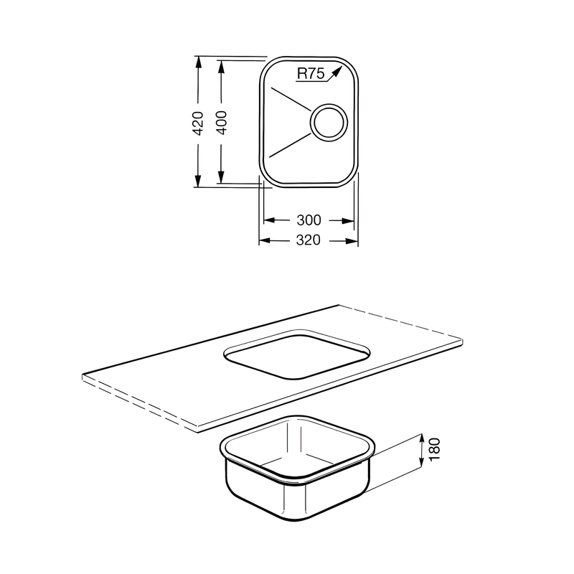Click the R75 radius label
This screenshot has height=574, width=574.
click(x=311, y=72)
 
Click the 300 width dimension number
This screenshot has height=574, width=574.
click(x=308, y=220)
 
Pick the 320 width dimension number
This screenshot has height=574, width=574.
click(x=308, y=241)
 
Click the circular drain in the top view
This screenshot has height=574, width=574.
click(x=328, y=121)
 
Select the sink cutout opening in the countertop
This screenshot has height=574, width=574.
click(x=297, y=354)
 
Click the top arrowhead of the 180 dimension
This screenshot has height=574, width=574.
click(x=421, y=438)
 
